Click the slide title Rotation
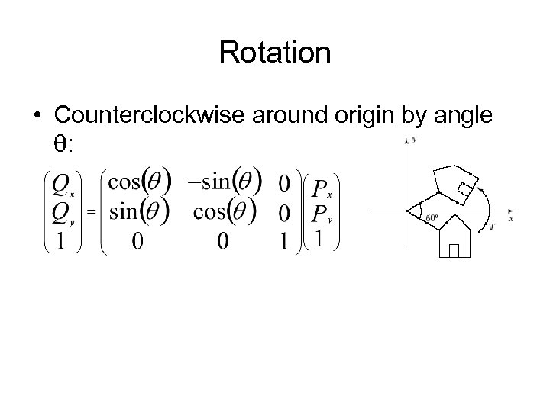(x=275, y=53)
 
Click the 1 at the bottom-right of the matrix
(x=284, y=241)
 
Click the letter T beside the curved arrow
(x=491, y=227)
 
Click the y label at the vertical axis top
(x=413, y=140)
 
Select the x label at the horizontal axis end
(x=510, y=218)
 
